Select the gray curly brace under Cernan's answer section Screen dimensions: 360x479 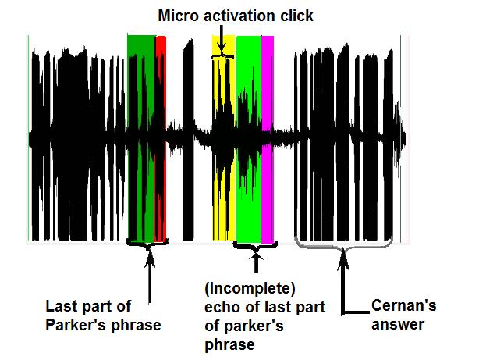[x=343, y=244]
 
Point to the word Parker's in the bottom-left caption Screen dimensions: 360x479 [x=74, y=324]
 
